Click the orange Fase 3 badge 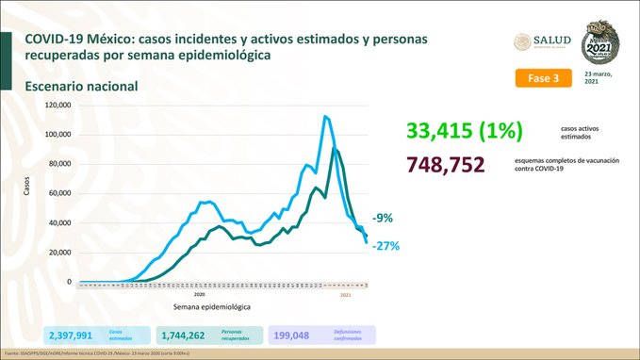pyautogui.click(x=544, y=78)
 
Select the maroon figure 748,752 pyautogui.click(x=446, y=165)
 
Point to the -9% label pyautogui.click(x=383, y=218)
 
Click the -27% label pyautogui.click(x=386, y=246)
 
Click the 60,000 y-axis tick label pyautogui.click(x=60, y=193)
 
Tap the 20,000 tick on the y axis pyautogui.click(x=60, y=253)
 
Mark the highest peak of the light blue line pyautogui.click(x=325, y=116)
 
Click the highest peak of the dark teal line pyautogui.click(x=335, y=149)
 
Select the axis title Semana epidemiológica pyautogui.click(x=212, y=307)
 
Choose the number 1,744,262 pyautogui.click(x=189, y=335)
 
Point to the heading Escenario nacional pyautogui.click(x=82, y=86)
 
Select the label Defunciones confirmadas pyautogui.click(x=348, y=335)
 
